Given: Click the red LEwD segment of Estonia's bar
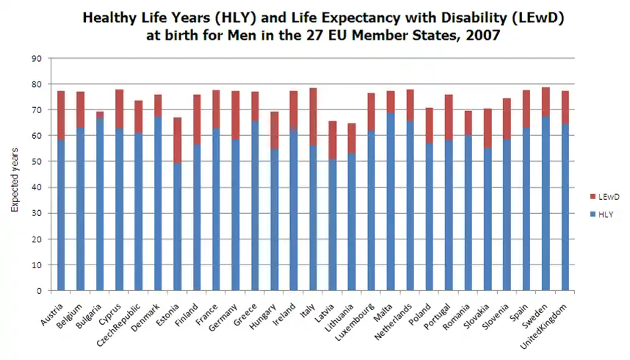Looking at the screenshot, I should point(178,140).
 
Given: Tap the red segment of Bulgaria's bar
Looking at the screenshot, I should point(100,115).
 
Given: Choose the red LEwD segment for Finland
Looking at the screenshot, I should point(197,119).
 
